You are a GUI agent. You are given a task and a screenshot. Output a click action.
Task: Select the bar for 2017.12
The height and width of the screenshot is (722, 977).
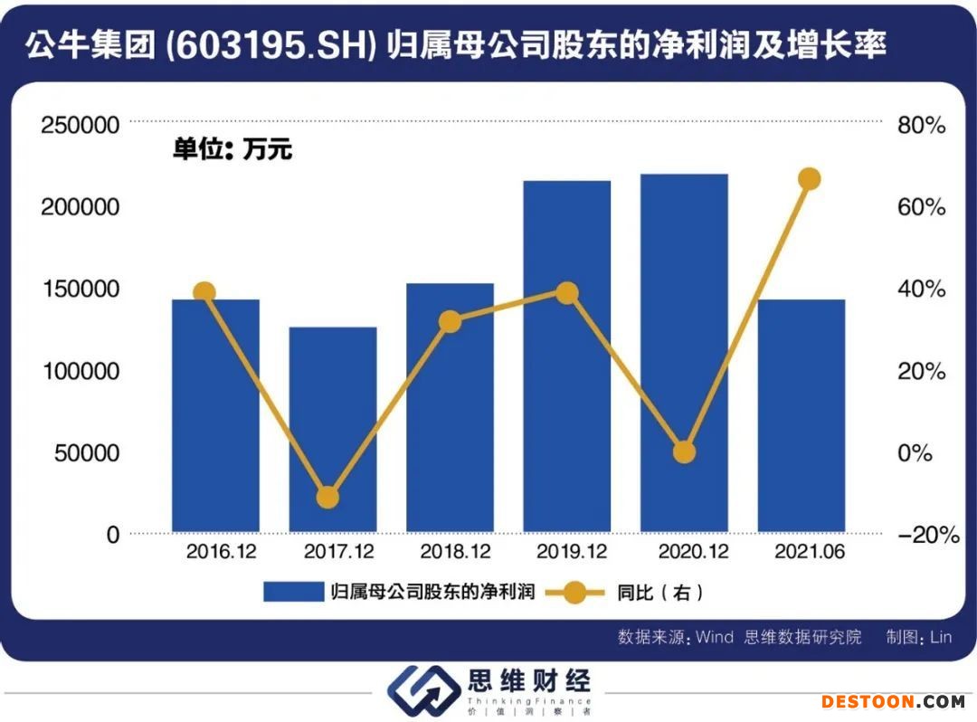pyautogui.click(x=333, y=430)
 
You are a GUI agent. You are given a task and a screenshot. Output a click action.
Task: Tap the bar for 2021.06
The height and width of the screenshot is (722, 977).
pyautogui.click(x=802, y=416)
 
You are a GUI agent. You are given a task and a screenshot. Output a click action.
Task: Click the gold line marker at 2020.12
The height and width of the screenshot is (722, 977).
pyautogui.click(x=685, y=452)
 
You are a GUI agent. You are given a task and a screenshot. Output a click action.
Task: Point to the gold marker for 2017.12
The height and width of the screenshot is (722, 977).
pyautogui.click(x=327, y=498)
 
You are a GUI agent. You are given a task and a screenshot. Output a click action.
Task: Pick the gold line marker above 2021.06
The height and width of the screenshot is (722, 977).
pyautogui.click(x=810, y=179)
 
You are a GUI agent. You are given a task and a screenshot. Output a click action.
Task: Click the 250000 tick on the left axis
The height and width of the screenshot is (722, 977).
pyautogui.click(x=81, y=125)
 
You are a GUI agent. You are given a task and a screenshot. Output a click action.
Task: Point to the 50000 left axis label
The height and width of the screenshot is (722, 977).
pyautogui.click(x=87, y=452)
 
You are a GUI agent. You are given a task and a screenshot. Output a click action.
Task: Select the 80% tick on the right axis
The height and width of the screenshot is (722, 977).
pyautogui.click(x=921, y=125)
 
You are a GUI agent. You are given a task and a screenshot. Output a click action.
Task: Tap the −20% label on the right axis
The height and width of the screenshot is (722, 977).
pyautogui.click(x=927, y=535)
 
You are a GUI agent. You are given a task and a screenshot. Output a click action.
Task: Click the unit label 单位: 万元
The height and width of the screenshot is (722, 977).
pyautogui.click(x=232, y=149)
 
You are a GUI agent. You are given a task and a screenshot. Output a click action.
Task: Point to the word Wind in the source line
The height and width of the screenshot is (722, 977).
pyautogui.click(x=714, y=637)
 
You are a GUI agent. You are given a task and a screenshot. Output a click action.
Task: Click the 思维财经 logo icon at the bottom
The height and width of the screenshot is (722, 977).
pyautogui.click(x=422, y=693)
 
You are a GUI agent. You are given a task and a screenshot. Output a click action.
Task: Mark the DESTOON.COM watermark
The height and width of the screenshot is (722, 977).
pyautogui.click(x=893, y=701)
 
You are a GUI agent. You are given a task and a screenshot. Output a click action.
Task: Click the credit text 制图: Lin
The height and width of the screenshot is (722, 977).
pyautogui.click(x=919, y=637)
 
